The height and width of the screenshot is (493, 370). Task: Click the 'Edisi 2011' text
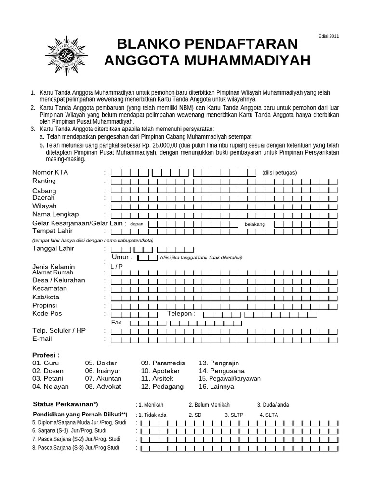coord(329,36)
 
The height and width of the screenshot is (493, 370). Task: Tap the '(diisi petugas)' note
coord(279,173)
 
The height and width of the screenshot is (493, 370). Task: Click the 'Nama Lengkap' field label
coord(55,214)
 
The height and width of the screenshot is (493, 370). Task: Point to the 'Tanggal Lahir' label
coord(53,249)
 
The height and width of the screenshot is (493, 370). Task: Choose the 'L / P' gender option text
coord(117,266)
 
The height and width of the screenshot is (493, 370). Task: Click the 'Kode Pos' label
coord(47,313)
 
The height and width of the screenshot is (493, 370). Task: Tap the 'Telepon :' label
coord(182,313)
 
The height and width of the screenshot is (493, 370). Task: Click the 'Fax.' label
coord(117,322)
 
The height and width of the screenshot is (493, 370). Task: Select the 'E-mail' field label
coord(42,339)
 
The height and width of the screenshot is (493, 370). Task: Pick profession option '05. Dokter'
coord(101,363)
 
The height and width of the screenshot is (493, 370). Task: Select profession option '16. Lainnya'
coord(216,386)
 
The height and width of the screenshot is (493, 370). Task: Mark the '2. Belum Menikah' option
coord(209,405)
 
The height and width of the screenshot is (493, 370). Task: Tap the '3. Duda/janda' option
coord(273,405)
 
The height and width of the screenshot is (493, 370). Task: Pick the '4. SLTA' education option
coord(268,415)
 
